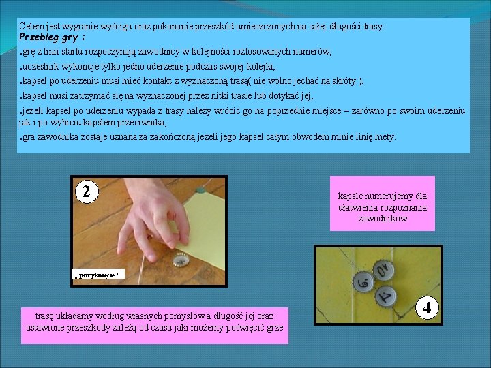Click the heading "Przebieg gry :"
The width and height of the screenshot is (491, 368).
click(x=52, y=37)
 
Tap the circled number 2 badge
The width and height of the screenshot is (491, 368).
click(x=87, y=191)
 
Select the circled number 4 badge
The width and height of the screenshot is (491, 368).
click(x=427, y=307)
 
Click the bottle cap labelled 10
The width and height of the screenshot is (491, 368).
click(x=383, y=270)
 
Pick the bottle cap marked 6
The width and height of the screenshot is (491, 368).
click(x=364, y=282)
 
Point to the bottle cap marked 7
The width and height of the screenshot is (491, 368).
click(x=386, y=296)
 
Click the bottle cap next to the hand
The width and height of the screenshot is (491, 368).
click(x=181, y=260)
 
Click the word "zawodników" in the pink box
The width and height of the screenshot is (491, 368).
click(x=383, y=219)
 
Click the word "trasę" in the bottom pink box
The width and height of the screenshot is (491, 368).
click(x=44, y=316)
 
